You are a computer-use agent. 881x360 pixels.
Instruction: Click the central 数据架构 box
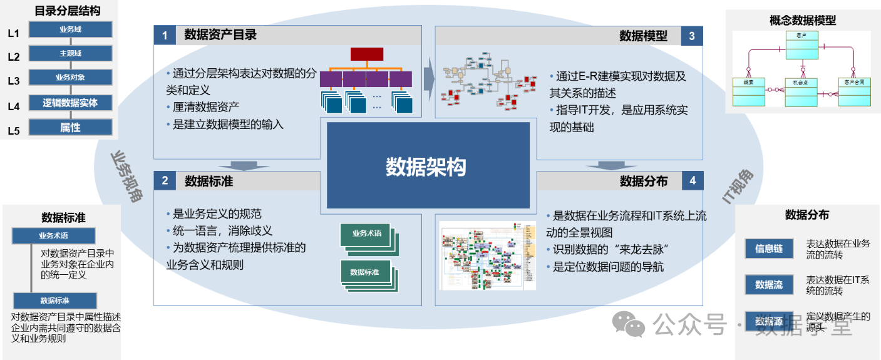pos(428,166)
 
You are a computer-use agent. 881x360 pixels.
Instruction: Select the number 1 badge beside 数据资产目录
pos(165,36)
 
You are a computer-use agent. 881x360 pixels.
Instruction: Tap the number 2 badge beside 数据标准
pos(165,181)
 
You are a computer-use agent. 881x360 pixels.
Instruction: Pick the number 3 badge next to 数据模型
pos(692,36)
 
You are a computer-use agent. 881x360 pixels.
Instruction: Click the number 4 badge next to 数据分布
pos(692,181)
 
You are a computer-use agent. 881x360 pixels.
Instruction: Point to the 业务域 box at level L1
pos(71,29)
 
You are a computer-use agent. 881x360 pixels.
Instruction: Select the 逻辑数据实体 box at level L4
pos(71,103)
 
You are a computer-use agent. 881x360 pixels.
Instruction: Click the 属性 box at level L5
pos(71,127)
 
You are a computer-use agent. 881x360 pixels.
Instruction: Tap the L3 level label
pos(14,80)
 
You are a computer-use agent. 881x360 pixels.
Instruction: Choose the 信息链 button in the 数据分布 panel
pos(769,249)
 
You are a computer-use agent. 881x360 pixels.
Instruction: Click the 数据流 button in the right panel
pos(769,284)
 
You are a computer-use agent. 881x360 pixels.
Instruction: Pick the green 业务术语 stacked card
pos(367,234)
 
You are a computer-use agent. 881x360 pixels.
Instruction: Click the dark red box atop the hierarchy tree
pos(367,54)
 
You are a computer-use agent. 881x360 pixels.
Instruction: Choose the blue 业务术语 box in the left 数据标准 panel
pos(54,236)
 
